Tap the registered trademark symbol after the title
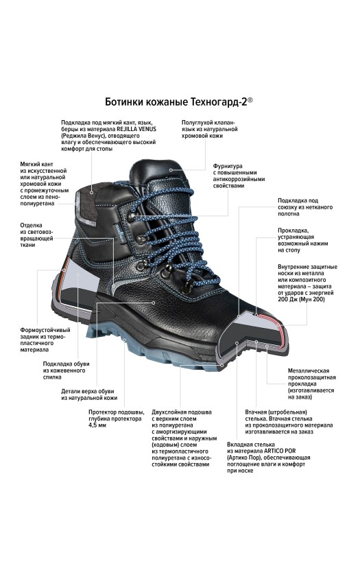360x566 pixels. click(x=250, y=100)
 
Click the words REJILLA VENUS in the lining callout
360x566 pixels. click(x=136, y=129)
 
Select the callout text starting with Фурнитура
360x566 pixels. click(x=239, y=176)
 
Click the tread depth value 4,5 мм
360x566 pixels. click(x=97, y=425)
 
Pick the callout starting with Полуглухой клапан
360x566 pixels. click(x=209, y=129)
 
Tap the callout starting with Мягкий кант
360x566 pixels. click(x=44, y=184)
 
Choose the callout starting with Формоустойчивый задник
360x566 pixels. click(x=45, y=340)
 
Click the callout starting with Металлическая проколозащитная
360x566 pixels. click(x=312, y=384)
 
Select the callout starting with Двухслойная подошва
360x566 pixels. click(x=184, y=438)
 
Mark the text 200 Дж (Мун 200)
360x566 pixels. click(x=301, y=299)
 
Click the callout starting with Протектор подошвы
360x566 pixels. click(x=116, y=418)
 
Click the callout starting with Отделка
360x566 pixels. click(x=37, y=235)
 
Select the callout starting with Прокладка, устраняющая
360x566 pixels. click(x=303, y=240)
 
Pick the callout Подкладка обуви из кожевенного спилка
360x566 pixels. click(x=66, y=370)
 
